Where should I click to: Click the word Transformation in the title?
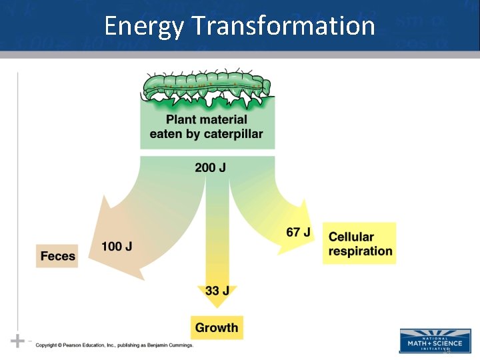[x=283, y=26]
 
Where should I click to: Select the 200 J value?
[x=210, y=167]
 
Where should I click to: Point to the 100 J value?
[x=117, y=247]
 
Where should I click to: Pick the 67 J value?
[x=298, y=232]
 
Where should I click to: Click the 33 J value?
[x=217, y=291]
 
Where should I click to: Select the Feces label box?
[x=57, y=256]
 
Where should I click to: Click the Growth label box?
[x=217, y=327]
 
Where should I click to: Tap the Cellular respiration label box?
[x=360, y=244]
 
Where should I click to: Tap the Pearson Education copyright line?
[x=114, y=345]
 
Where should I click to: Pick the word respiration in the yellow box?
[x=360, y=251]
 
